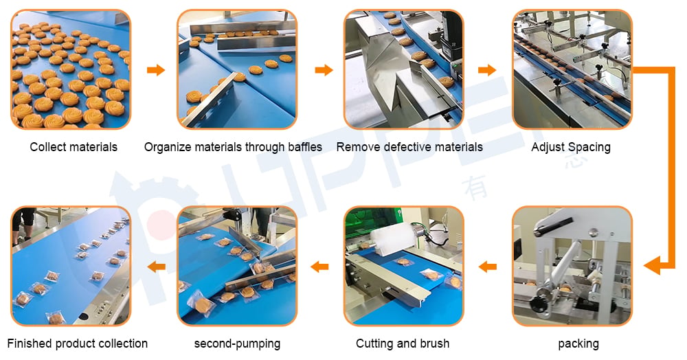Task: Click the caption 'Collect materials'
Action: click(x=74, y=147)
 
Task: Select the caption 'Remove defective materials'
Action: click(x=409, y=147)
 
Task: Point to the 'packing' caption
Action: click(x=578, y=344)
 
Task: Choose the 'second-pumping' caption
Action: click(x=237, y=344)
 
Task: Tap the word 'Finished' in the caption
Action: click(x=27, y=344)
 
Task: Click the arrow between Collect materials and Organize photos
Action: click(x=155, y=69)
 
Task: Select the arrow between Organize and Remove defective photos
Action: click(x=324, y=69)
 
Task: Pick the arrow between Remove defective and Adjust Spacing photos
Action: click(x=487, y=69)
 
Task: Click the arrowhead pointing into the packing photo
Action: click(x=653, y=265)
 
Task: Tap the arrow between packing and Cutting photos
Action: click(x=488, y=267)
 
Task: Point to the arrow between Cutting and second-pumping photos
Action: click(x=320, y=267)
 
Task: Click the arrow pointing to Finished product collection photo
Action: click(x=157, y=267)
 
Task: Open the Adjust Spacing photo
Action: click(x=572, y=69)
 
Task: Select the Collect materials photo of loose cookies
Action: click(x=71, y=69)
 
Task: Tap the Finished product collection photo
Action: click(x=71, y=266)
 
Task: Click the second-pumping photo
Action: click(x=237, y=266)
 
